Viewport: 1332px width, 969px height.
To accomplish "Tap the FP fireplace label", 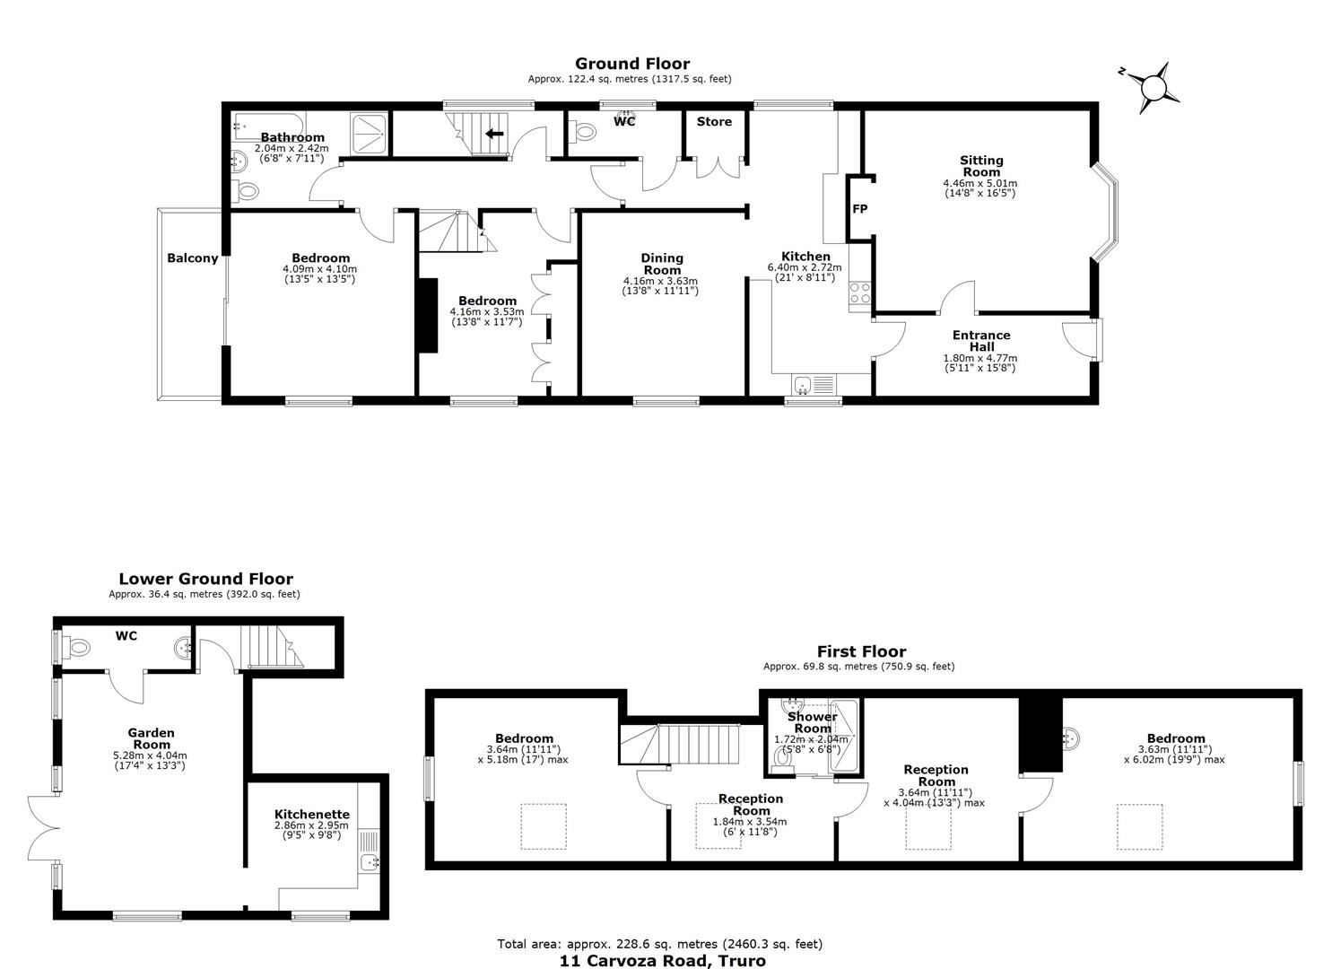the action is [x=860, y=209].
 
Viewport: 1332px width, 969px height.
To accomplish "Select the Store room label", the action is [x=714, y=121].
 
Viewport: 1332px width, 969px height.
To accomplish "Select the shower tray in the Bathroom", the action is [x=370, y=134].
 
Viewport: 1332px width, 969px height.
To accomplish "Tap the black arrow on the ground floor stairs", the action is [x=494, y=134].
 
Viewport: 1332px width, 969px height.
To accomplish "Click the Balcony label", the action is [x=192, y=258].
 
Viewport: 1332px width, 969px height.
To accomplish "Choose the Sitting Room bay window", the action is [x=1105, y=213].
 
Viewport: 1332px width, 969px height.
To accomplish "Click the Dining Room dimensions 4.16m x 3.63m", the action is [x=661, y=281].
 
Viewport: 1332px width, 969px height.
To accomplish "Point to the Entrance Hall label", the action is [x=981, y=341].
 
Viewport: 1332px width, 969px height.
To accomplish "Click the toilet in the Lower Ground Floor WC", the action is [x=75, y=647].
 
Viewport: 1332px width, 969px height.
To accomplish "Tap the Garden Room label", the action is [x=151, y=738].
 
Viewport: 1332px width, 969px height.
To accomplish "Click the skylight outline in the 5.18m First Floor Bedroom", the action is [x=544, y=826].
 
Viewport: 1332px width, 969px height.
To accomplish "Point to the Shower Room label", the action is [x=813, y=723].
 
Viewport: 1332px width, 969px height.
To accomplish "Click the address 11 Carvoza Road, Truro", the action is [x=663, y=961].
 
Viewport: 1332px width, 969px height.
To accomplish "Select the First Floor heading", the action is [x=861, y=651].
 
